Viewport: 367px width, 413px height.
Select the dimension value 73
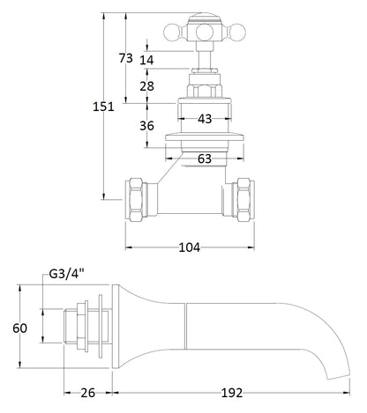tap(125, 58)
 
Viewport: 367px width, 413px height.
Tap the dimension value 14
tap(146, 60)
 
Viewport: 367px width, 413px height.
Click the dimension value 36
tap(146, 125)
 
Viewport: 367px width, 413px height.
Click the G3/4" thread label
tap(61, 276)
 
